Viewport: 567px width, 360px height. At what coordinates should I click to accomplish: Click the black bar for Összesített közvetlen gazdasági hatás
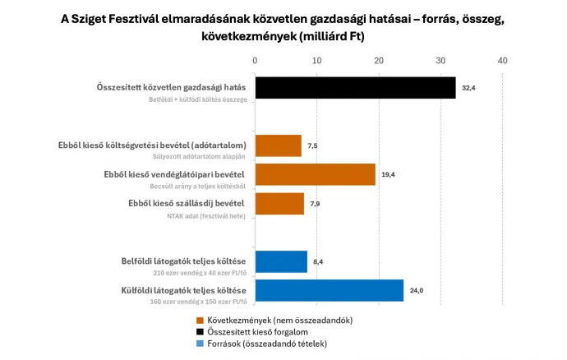355,87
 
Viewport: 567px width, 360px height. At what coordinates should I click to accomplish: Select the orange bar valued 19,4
316,173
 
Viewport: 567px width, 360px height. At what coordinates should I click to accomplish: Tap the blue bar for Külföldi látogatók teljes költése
330,290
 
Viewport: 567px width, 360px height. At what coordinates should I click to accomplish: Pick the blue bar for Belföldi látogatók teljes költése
281,261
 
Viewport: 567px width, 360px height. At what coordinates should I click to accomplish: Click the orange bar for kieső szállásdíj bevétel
279,203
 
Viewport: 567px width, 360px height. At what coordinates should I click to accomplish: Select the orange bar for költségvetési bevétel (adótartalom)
279,145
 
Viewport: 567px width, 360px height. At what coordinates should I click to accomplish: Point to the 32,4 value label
468,87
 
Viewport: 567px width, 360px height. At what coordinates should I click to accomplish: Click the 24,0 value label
417,290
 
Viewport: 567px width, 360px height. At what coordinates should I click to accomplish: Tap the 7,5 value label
313,145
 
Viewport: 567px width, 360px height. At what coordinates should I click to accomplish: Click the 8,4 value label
319,261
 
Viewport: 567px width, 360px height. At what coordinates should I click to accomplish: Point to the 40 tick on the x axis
502,60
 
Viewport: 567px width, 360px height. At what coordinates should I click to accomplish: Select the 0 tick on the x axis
256,60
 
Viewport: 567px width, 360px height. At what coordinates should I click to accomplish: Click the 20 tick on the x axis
379,60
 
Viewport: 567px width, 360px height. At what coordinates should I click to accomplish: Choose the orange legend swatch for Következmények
201,320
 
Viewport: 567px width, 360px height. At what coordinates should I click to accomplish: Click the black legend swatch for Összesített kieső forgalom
201,331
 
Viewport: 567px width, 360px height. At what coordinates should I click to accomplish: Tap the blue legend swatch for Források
201,344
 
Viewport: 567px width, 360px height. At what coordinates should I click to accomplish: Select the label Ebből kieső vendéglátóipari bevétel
174,174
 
